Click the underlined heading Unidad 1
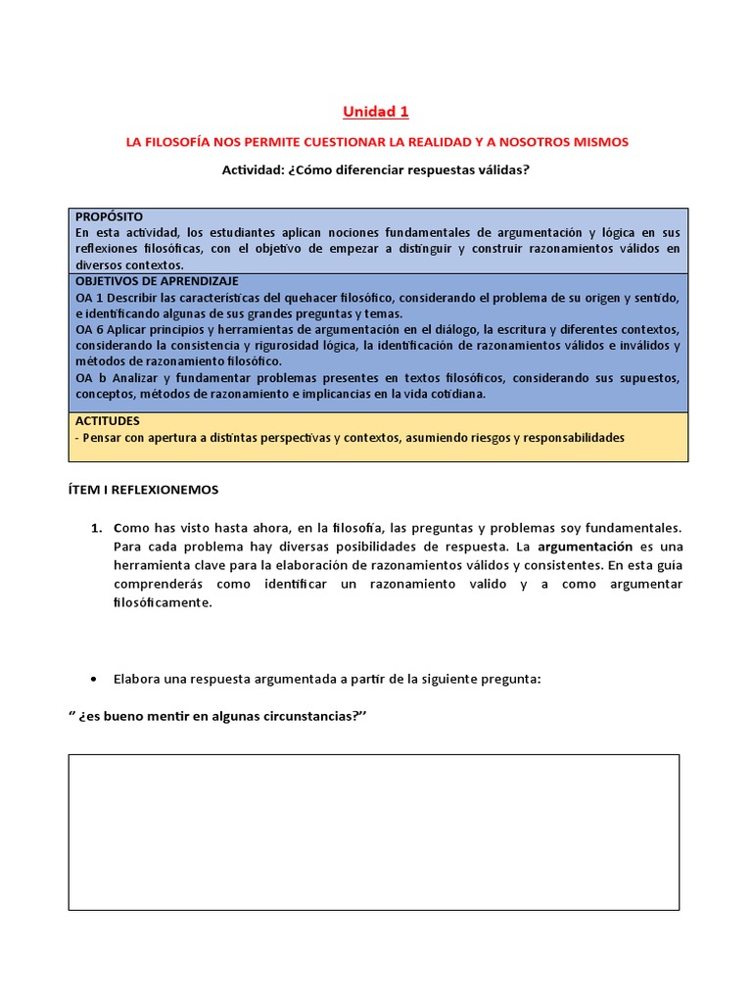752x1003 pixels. pos(377,112)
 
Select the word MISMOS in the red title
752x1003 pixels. pos(599,142)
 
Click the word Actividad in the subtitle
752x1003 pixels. pos(252,169)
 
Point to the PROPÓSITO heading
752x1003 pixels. pos(109,216)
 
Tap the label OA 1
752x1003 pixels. pos(89,297)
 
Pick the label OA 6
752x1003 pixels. pos(89,329)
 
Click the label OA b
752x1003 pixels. pos(89,378)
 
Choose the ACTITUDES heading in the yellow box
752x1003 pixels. pos(108,421)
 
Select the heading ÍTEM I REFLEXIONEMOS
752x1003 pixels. pos(143,489)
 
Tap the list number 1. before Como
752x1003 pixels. pos(96,527)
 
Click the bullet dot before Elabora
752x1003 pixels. pos(93,679)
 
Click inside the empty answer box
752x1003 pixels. pos(373,832)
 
